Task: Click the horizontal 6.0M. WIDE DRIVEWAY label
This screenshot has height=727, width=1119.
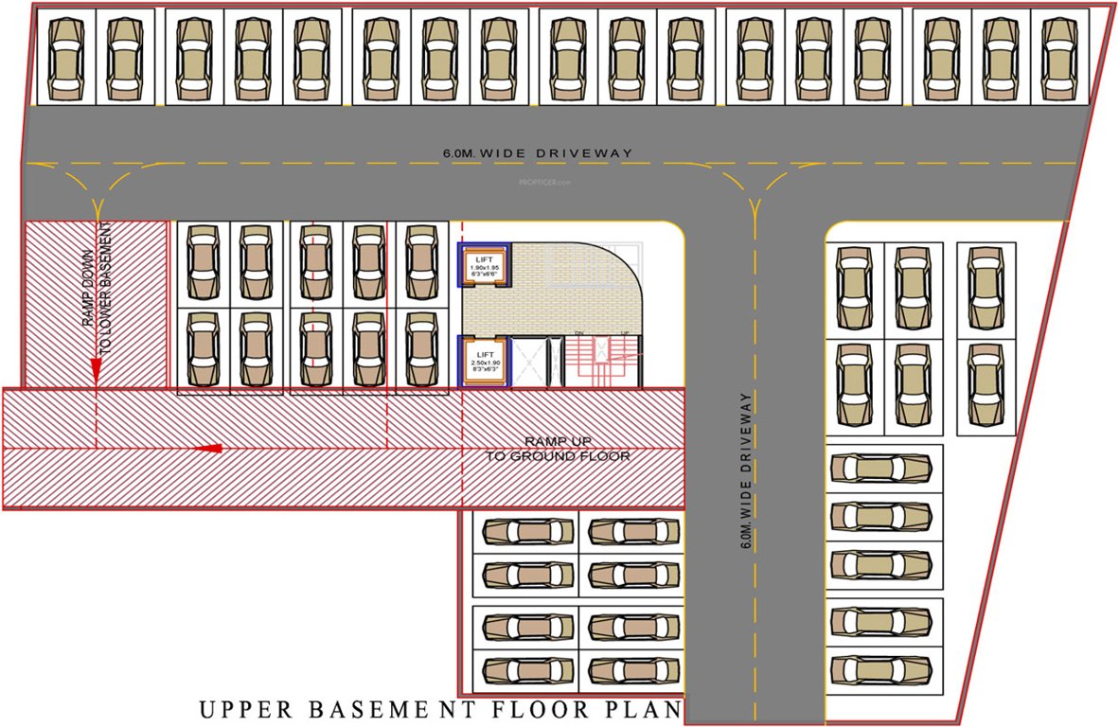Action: (537, 152)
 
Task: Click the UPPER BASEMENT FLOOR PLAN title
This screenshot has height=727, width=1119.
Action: (440, 708)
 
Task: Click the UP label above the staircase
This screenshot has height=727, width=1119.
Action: (625, 333)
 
